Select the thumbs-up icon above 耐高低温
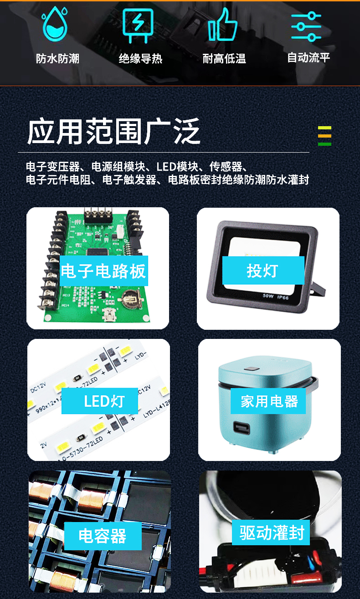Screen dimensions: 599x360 (222, 25)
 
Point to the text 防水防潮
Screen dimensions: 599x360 (57, 59)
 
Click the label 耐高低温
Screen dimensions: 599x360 (224, 59)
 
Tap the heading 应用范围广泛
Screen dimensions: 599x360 (113, 132)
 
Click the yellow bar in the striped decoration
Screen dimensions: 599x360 (324, 128)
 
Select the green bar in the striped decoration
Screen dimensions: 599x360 (324, 144)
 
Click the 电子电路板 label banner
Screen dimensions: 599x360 (103, 271)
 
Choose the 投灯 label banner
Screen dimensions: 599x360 (263, 271)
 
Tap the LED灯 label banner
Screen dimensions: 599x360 (104, 401)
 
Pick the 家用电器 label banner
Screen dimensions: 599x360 (269, 401)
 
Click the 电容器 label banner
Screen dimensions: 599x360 (103, 536)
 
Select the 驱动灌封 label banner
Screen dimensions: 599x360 (271, 532)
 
